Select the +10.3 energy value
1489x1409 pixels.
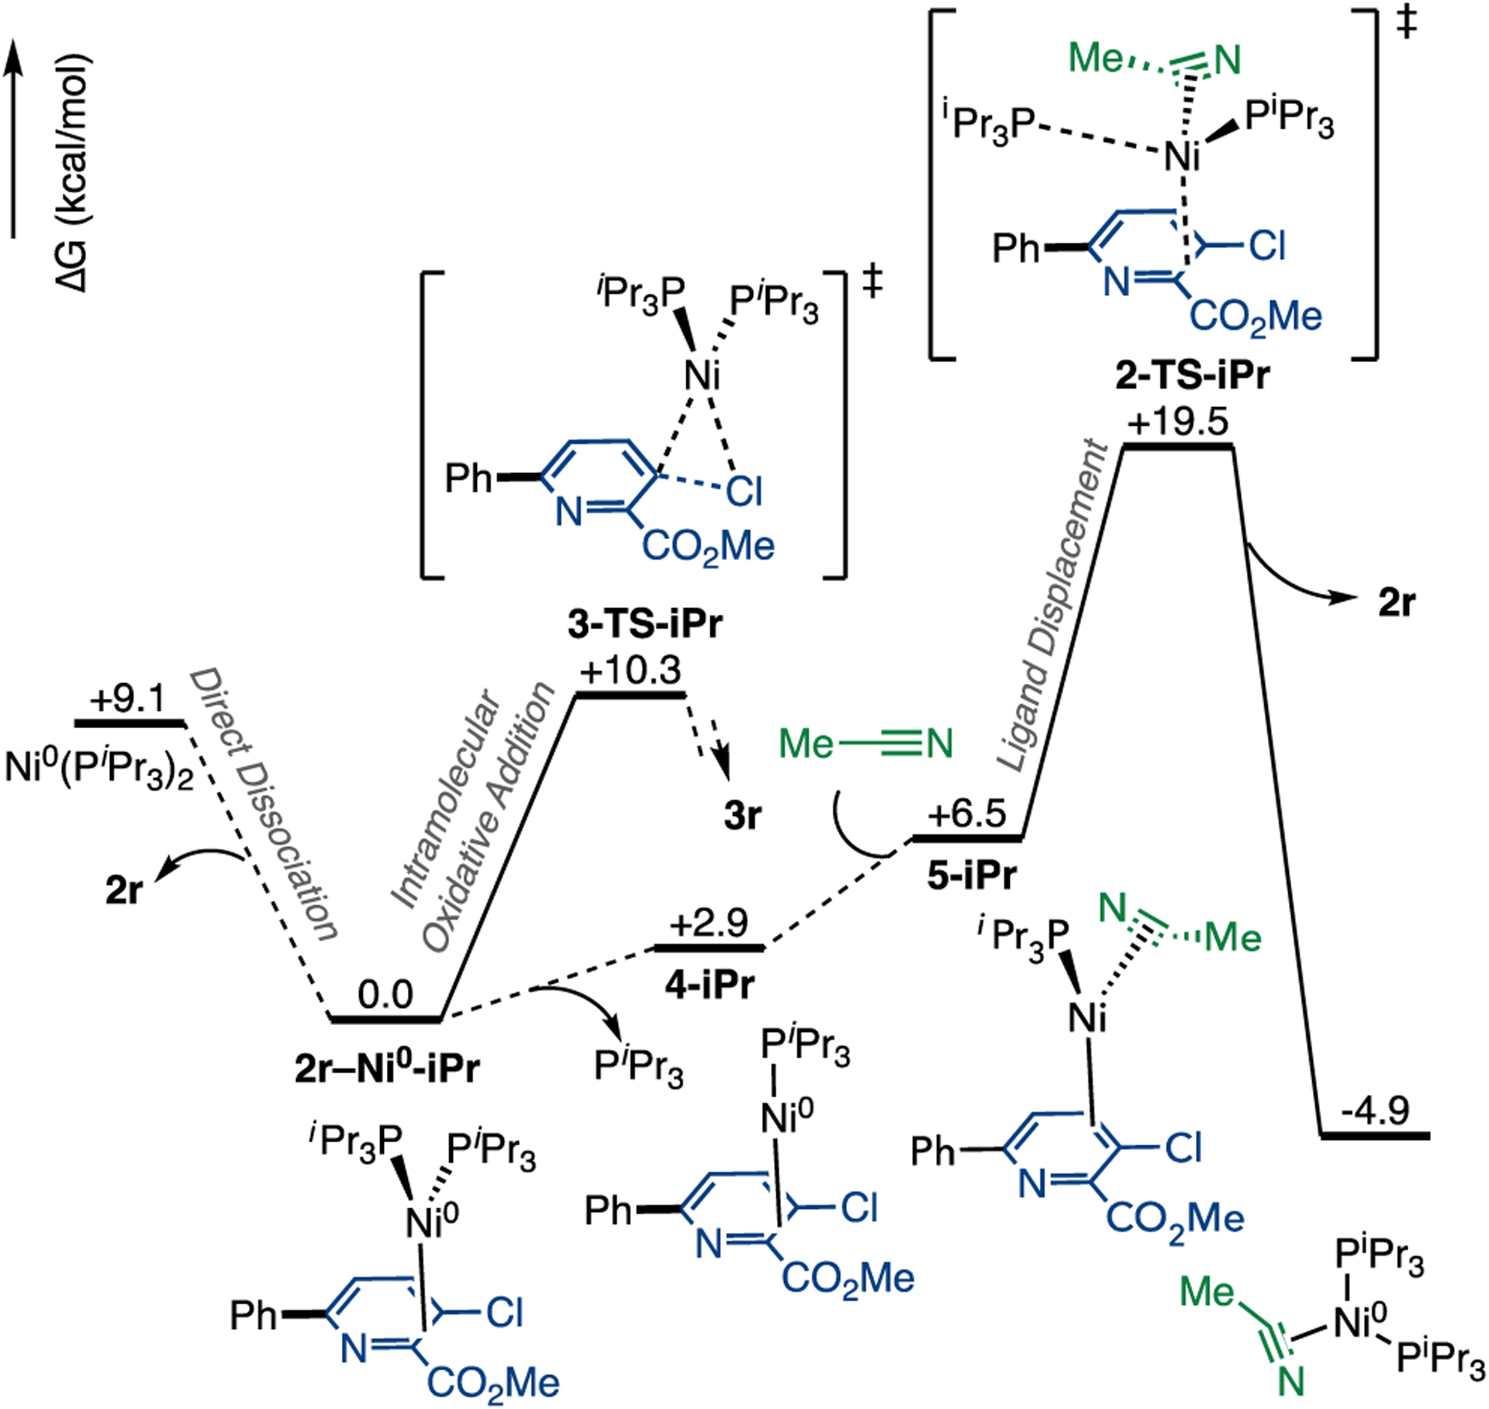coord(630,671)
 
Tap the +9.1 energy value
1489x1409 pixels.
coord(128,700)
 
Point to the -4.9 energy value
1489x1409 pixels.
coord(1375,1110)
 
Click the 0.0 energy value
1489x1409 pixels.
coord(385,995)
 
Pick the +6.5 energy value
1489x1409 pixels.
coord(968,815)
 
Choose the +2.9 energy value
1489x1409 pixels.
coord(710,924)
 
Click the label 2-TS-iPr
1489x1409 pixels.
coord(1193,376)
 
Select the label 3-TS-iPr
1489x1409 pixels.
coord(645,624)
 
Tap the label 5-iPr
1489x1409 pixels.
coord(972,875)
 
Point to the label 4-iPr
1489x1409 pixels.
coord(710,985)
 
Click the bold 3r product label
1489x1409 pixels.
coord(742,815)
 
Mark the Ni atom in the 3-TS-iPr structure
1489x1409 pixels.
coord(702,377)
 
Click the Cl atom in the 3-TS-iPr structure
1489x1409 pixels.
coord(744,492)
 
